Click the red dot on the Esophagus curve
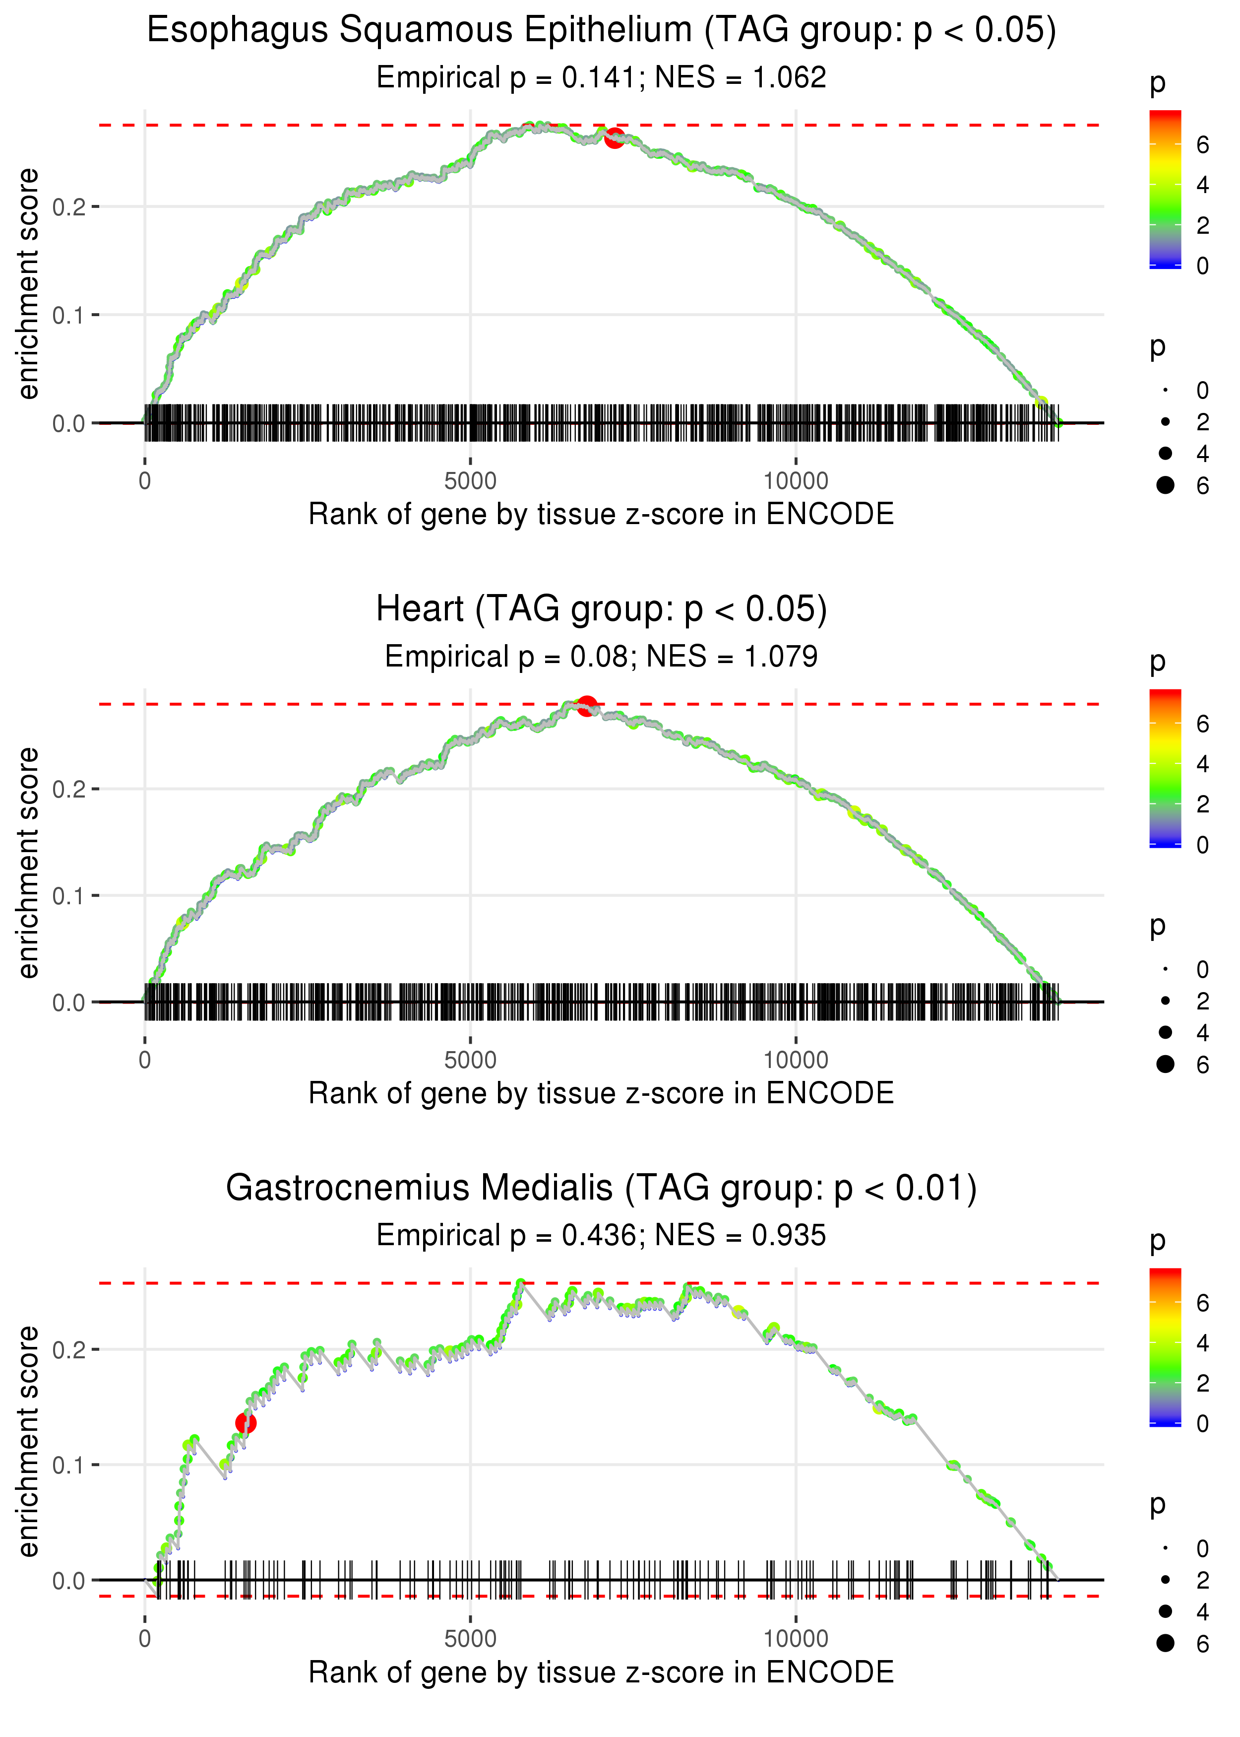pyautogui.click(x=614, y=138)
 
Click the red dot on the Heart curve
pyautogui.click(x=586, y=706)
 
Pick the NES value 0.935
pyautogui.click(x=789, y=1235)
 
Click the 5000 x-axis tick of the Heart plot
pyautogui.click(x=470, y=1060)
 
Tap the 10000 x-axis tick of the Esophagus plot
pyautogui.click(x=796, y=481)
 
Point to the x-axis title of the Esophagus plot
pyautogui.click(x=601, y=514)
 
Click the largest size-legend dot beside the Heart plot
pyautogui.click(x=1165, y=1064)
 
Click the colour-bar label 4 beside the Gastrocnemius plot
pyautogui.click(x=1203, y=1342)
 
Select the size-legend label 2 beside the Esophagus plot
pyautogui.click(x=1203, y=422)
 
